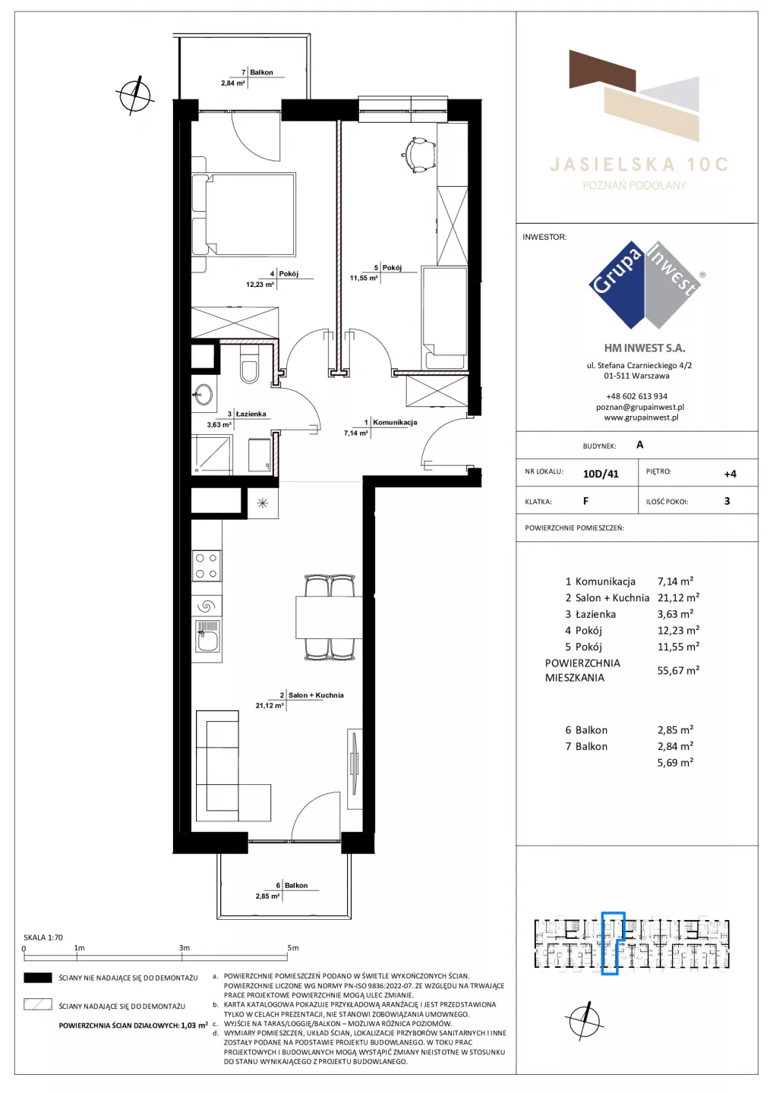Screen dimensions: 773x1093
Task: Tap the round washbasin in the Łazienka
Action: [202, 393]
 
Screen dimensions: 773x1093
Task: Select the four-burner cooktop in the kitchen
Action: [206, 565]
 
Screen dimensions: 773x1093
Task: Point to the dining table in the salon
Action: [329, 617]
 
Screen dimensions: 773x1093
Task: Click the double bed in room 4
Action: [244, 215]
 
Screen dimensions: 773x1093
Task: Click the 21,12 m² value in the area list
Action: [678, 598]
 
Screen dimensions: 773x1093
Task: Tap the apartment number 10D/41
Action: [601, 474]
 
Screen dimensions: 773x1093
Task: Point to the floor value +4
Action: [730, 474]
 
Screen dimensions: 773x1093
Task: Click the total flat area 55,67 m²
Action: [678, 670]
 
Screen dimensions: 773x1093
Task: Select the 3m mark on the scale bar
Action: [184, 947]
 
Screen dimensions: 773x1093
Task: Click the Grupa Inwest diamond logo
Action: [645, 285]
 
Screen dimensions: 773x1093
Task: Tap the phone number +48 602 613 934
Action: [637, 396]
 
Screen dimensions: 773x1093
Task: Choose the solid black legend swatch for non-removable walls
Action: [37, 978]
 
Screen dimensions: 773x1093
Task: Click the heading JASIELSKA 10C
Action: [639, 165]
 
